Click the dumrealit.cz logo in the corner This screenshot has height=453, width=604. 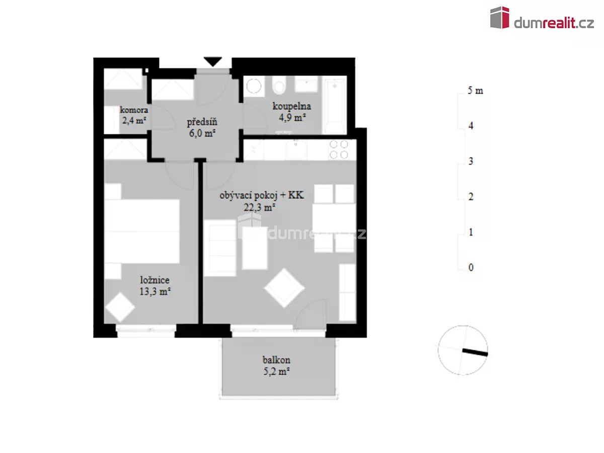[x=542, y=18]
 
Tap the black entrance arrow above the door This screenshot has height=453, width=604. [x=213, y=61]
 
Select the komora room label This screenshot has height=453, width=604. [x=134, y=110]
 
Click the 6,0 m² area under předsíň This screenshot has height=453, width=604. [x=202, y=133]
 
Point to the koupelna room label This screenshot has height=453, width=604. [x=291, y=106]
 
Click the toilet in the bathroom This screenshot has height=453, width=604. [x=279, y=85]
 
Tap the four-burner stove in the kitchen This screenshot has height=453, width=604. [x=339, y=149]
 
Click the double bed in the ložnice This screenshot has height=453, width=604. [x=142, y=232]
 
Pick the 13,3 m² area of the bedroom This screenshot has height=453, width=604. [x=155, y=291]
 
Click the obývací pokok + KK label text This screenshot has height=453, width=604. [x=262, y=196]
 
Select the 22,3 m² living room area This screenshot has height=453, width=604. [x=259, y=207]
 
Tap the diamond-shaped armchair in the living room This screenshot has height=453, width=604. [x=284, y=288]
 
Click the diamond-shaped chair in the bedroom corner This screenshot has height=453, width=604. [x=120, y=307]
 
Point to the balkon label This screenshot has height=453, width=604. [x=276, y=360]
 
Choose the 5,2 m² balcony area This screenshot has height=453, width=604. [x=276, y=371]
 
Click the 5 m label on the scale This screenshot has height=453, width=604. [x=475, y=90]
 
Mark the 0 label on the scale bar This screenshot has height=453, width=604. [x=471, y=267]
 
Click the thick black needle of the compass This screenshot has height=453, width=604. [x=475, y=352]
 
